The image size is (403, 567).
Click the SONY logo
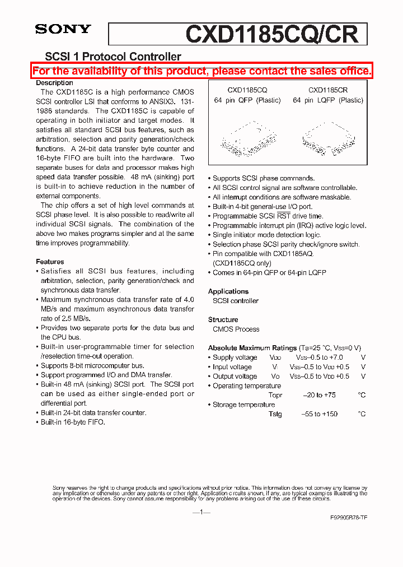point(63,29)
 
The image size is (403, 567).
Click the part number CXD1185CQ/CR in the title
point(271,34)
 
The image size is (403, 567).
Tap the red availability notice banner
point(201,71)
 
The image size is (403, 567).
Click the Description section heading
point(54,83)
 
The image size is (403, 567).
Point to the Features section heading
point(50,262)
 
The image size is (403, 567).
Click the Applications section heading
point(228,291)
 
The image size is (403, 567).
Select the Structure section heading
point(223,319)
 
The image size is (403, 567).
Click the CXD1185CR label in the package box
point(327,90)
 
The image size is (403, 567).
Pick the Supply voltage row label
point(235,357)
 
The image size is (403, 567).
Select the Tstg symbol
point(275,414)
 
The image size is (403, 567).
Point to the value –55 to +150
point(320,414)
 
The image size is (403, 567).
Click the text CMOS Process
point(236,329)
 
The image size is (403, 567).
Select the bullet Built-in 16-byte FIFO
point(72,422)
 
